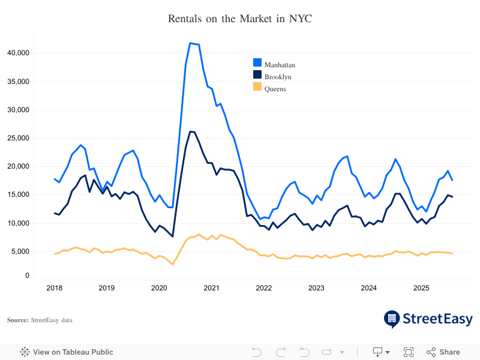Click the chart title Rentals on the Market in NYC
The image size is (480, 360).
240,19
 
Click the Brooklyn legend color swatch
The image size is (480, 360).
257,75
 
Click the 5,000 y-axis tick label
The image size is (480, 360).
19,251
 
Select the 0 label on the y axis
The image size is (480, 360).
26,276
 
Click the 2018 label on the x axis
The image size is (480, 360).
55,288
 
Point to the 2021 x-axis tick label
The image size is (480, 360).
211,288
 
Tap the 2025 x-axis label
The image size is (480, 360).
421,288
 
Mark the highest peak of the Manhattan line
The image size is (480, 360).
191,43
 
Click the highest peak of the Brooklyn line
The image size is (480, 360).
191,131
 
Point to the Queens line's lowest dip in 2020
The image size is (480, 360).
173,264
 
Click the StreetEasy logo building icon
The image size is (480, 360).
392,319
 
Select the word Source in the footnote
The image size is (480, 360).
17,320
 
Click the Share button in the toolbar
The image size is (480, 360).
443,352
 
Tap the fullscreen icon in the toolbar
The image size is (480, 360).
409,352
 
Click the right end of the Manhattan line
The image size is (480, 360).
452,180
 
